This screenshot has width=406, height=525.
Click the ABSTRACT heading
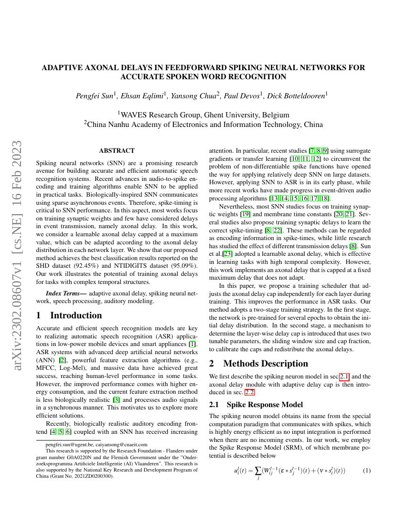coord(117,151)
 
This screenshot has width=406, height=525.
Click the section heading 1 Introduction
coord(69,315)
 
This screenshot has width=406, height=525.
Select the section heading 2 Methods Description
coord(259,364)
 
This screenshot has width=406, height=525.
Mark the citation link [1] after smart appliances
coord(192,344)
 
